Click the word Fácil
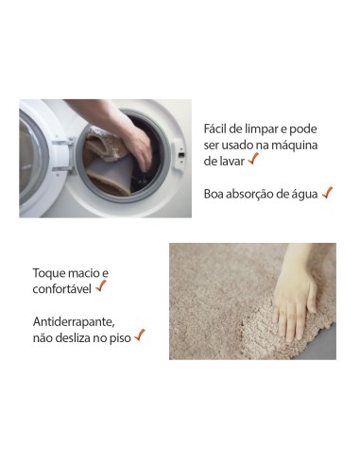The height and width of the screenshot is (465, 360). pos(216,128)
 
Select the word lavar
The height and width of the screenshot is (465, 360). pos(230,161)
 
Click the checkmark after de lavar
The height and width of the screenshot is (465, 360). pos(253,159)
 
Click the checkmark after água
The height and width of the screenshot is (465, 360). pos(327,192)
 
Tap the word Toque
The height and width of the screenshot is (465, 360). pos(50,272)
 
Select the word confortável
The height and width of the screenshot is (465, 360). pos(61,288)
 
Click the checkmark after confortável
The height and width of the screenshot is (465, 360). pos(101,285)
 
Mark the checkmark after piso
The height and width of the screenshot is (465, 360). pos(140,335)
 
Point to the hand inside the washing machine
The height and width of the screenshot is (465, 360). pos(138,146)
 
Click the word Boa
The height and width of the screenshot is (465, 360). pos(214,193)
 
